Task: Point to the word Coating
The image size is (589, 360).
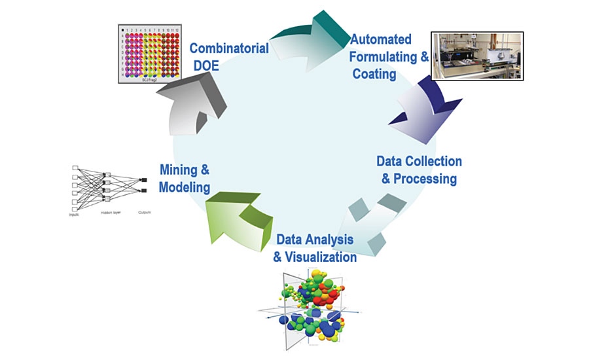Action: [x=374, y=73]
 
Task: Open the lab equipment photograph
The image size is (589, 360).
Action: [x=477, y=56]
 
